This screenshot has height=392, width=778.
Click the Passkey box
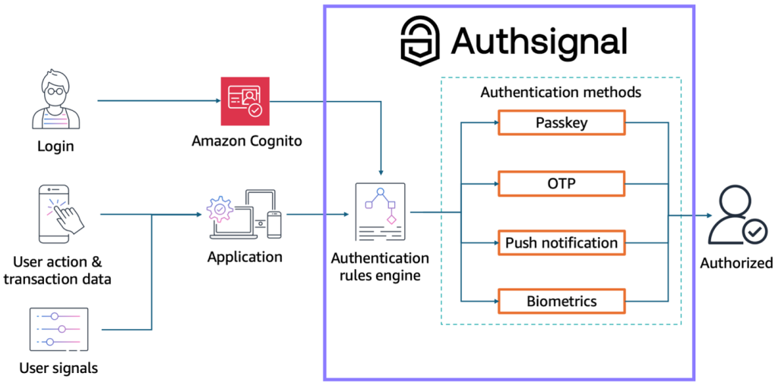(561, 123)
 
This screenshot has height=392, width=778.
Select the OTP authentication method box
(561, 184)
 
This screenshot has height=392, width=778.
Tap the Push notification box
(561, 243)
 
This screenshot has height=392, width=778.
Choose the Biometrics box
(561, 301)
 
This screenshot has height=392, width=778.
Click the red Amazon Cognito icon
(245, 101)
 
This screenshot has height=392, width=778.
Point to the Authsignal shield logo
(419, 40)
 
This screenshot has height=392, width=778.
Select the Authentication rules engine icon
(380, 213)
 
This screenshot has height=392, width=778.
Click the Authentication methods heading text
(561, 93)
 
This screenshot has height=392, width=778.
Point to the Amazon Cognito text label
(245, 141)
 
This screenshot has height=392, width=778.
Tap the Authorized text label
(735, 263)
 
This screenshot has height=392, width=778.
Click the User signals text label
(59, 368)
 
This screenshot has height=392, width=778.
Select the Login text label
(55, 145)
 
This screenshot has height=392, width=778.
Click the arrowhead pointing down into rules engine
(380, 172)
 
